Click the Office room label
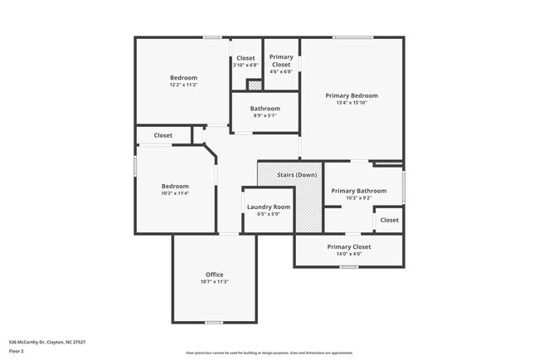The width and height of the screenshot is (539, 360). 214,275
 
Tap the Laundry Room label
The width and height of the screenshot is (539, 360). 269,207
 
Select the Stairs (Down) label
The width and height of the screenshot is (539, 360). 296,175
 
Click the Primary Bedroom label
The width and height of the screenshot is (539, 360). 352,95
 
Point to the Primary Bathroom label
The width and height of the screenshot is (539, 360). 359,191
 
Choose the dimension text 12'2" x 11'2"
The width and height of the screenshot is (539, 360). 183,85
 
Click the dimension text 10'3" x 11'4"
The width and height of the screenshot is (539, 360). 175,193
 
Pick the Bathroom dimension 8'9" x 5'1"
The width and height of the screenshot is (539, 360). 265,115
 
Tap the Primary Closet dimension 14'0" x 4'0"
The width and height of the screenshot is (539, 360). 348,254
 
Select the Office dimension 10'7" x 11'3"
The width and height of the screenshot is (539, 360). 214,282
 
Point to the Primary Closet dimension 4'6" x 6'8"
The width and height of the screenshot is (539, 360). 281,71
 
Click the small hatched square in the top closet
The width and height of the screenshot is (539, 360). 255,85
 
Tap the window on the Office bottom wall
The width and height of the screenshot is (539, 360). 214,322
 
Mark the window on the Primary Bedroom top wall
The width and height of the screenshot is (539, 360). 352,37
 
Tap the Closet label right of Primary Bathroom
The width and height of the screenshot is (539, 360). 389,220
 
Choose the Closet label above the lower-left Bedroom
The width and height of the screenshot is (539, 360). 163,135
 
